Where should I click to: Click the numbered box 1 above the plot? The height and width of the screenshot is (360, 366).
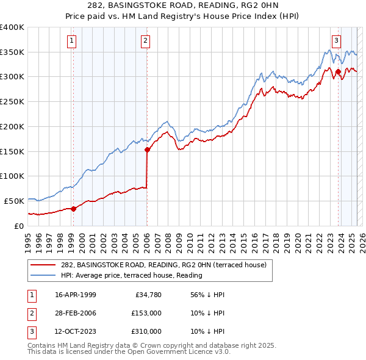click(72, 41)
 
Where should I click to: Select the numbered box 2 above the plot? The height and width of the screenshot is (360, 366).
click(146, 41)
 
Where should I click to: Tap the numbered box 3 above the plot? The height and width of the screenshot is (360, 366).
click(336, 41)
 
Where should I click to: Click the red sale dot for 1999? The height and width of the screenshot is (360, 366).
click(74, 209)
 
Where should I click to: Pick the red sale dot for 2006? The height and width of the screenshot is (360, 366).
click(147, 149)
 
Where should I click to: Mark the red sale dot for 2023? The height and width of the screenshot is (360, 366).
click(338, 72)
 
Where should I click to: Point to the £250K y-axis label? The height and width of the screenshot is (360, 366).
click(12, 101)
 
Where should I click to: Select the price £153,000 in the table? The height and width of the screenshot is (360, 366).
click(146, 313)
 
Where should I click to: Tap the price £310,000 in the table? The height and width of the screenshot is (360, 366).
click(146, 331)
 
